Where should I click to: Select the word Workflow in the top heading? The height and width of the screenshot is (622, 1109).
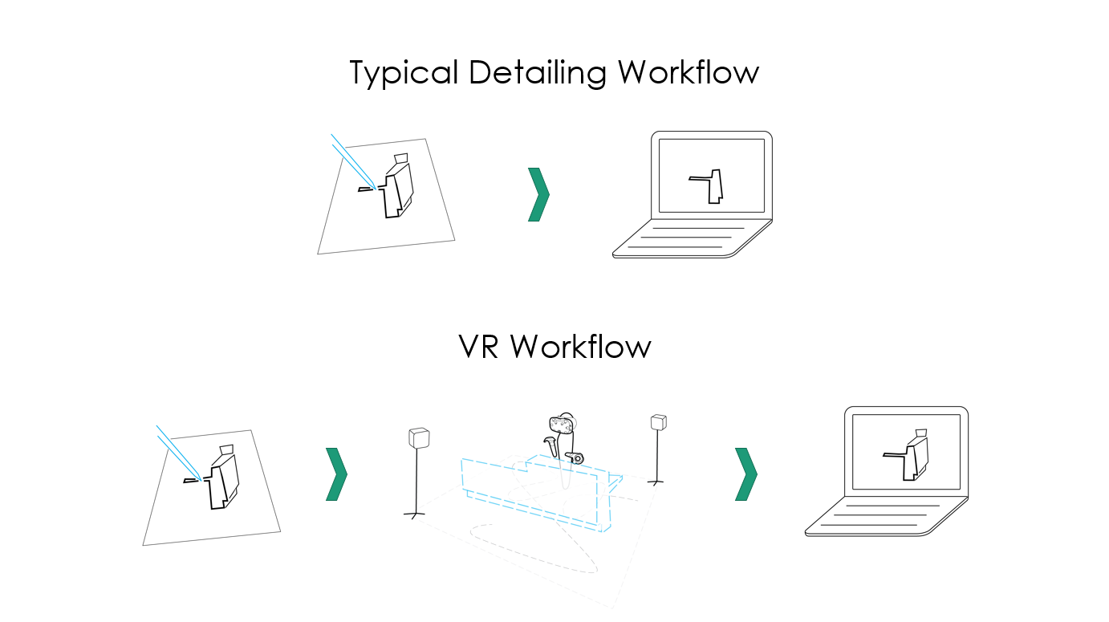(x=688, y=73)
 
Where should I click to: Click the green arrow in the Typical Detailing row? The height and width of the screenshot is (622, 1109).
(x=538, y=194)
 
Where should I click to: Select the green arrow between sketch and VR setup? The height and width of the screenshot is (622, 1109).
(x=336, y=474)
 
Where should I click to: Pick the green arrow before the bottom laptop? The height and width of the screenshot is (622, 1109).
(x=745, y=474)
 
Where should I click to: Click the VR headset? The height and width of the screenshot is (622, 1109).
(x=561, y=424)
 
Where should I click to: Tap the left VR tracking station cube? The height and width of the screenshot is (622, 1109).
(x=419, y=437)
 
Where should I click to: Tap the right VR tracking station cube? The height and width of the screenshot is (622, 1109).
(x=659, y=422)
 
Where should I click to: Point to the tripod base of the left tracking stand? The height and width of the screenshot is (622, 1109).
(x=414, y=513)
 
